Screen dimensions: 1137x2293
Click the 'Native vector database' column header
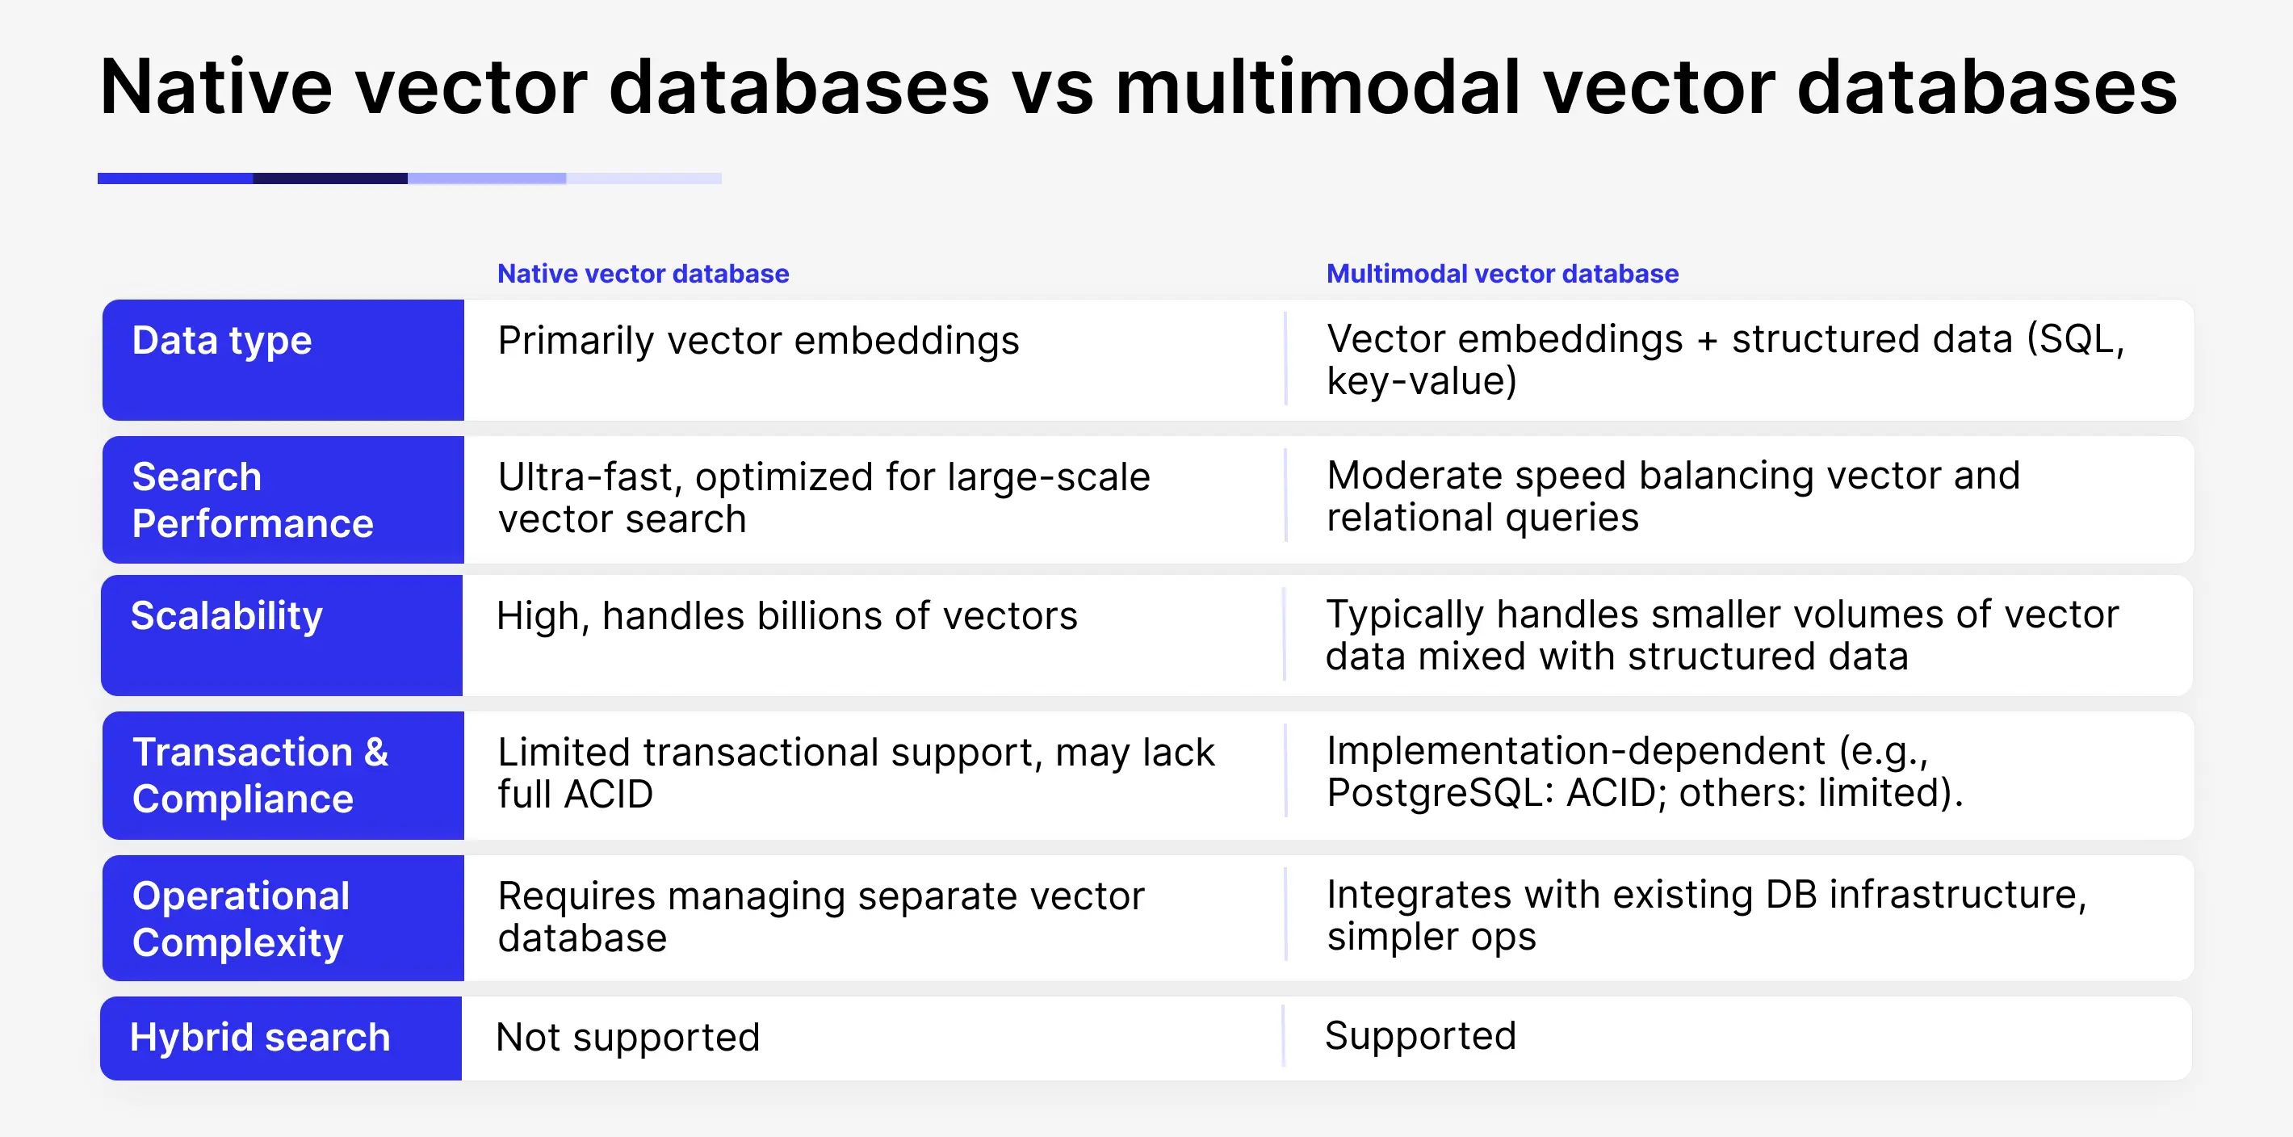(x=643, y=273)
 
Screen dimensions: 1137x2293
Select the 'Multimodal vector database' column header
(x=1502, y=273)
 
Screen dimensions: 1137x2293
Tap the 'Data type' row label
(x=222, y=341)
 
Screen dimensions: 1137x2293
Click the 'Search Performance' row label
(x=252, y=500)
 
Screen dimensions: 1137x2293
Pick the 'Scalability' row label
(x=226, y=616)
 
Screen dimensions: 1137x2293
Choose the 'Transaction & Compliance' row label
(x=260, y=774)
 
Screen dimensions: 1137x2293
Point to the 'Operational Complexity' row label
(x=241, y=918)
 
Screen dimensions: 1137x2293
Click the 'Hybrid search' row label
(x=260, y=1038)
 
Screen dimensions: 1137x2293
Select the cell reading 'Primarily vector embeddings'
(x=758, y=341)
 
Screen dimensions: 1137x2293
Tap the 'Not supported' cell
(x=627, y=1038)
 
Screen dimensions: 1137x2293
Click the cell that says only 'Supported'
(x=1419, y=1035)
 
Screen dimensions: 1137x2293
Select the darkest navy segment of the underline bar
(x=329, y=178)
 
